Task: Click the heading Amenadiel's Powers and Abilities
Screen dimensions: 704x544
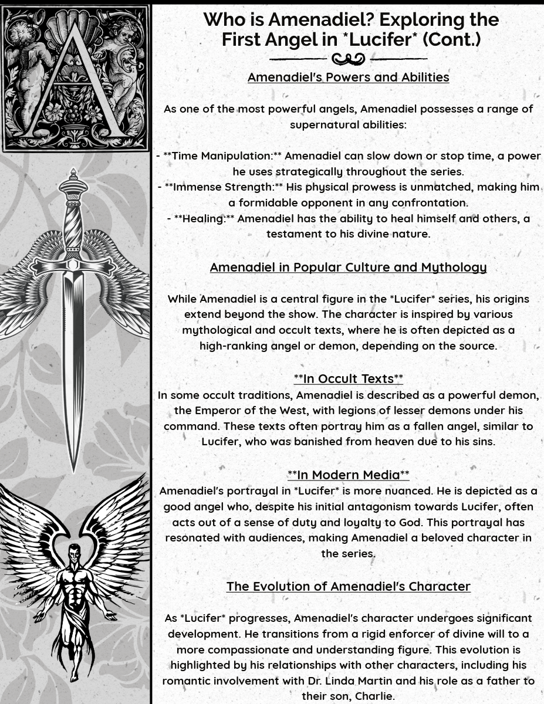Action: point(348,77)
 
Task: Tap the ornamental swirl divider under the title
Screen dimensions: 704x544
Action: point(348,59)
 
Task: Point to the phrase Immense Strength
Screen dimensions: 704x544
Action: point(221,187)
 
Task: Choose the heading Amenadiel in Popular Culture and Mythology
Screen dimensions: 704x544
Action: point(348,268)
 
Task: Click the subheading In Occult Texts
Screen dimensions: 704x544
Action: point(348,379)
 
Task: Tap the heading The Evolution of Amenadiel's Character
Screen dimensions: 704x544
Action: point(348,587)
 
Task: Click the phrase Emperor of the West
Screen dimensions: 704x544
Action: point(241,411)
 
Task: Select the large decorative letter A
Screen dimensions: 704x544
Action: point(75,82)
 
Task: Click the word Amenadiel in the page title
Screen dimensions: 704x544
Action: point(322,20)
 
